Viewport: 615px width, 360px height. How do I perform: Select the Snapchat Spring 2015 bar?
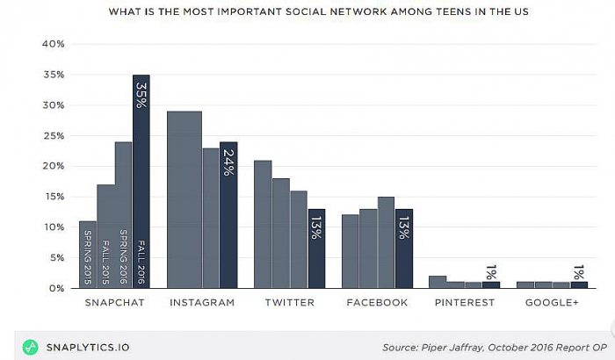point(88,254)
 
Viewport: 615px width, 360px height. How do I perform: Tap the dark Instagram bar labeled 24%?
point(228,214)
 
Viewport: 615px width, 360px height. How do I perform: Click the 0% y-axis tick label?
point(56,288)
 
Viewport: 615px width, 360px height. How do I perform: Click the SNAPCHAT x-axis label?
point(114,303)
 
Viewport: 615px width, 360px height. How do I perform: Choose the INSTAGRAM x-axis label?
point(202,303)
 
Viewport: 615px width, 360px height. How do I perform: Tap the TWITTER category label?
point(290,303)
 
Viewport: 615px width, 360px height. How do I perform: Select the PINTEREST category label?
point(465,303)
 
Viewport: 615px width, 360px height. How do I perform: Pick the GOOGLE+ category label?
point(553,303)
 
